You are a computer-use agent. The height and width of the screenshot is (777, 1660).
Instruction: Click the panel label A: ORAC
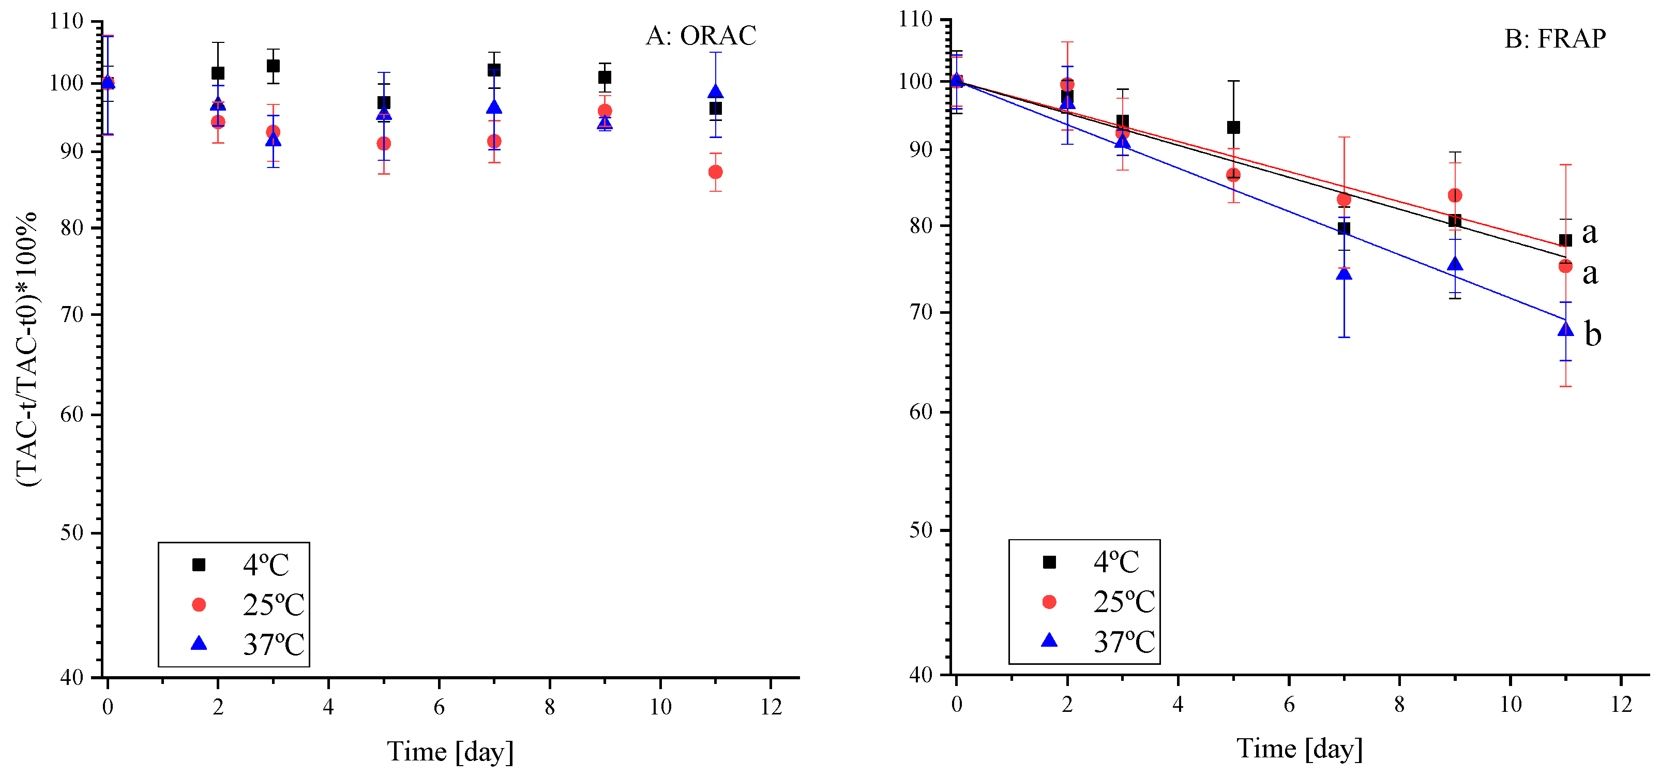coord(701,36)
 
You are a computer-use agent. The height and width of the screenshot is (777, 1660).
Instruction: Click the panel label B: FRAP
coord(1555,39)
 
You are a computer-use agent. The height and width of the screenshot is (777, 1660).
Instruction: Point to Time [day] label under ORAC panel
coord(450,751)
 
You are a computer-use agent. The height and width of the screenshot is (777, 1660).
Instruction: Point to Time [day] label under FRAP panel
coord(1299,749)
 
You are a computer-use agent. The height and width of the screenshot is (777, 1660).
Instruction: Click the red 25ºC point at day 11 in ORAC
coord(715,172)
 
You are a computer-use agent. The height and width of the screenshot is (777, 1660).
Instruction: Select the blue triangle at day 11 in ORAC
coord(715,92)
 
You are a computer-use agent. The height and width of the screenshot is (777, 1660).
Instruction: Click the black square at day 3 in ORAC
coord(273,66)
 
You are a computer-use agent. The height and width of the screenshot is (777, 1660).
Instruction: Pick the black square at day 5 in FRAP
coord(1233,128)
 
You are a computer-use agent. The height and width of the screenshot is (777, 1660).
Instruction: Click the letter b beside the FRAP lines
coord(1593,335)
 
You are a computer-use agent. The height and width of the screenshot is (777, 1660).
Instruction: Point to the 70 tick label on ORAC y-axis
coord(71,315)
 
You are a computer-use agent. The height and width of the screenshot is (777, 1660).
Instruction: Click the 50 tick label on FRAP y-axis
coord(921,531)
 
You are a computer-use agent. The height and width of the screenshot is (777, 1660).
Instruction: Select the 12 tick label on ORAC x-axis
coord(771,707)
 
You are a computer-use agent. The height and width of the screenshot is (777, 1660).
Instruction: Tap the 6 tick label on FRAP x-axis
coord(1289,705)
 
